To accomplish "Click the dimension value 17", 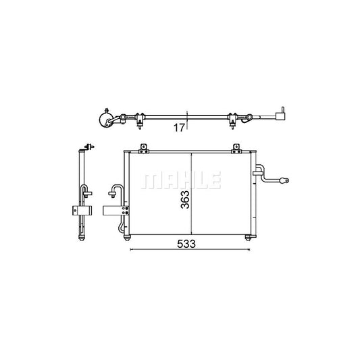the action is pos(179,128).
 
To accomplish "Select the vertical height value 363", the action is pos(185,199).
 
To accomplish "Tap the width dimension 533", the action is pos(186,244).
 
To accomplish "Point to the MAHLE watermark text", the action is pos(181,180).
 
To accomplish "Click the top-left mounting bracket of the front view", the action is pos(144,149).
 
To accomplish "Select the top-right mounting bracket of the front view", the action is pos(236,149).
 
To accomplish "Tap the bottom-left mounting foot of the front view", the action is pos(127,237).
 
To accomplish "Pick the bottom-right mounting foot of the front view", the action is pos(248,237).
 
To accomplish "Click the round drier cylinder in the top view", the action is pos(105,119).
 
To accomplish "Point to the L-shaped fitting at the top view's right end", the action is pos(280,114).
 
